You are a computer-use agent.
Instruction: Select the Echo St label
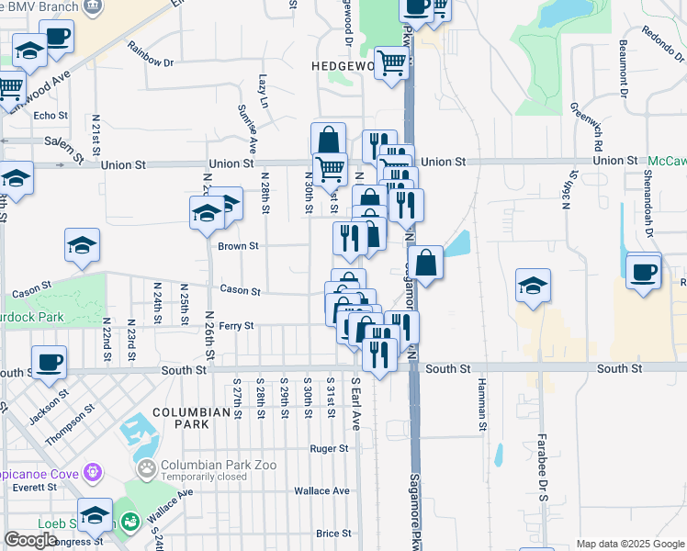[x=51, y=116]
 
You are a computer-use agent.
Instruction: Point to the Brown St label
[x=239, y=246]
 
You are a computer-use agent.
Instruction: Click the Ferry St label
[x=235, y=325]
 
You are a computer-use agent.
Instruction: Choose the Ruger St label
[x=330, y=449]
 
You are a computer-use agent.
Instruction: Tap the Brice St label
[x=333, y=533]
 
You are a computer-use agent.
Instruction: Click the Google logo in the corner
[x=30, y=540]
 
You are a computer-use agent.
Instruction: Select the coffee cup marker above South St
[x=49, y=362]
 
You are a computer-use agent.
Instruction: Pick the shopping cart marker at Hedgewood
[x=392, y=64]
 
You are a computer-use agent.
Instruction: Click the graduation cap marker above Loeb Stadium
[x=95, y=514]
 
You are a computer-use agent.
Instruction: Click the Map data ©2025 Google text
[x=631, y=544]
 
